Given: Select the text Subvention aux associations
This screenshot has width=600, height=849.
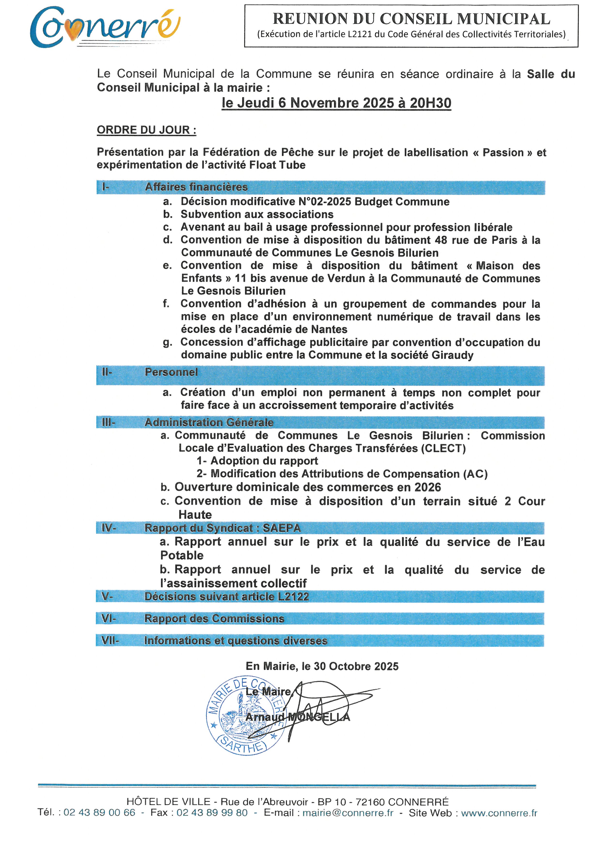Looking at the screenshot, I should (257, 214).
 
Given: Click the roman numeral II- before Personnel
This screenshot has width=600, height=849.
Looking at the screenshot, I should (107, 372).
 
